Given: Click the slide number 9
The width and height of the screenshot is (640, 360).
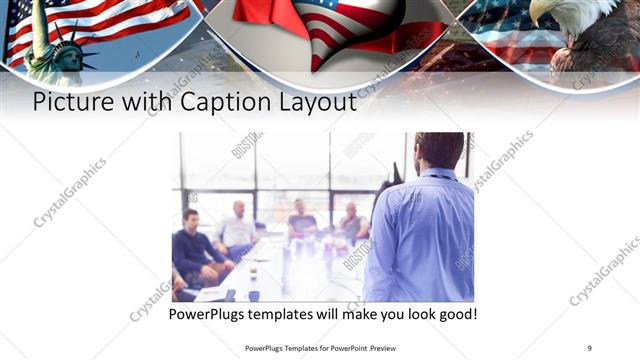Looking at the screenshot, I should (x=589, y=347).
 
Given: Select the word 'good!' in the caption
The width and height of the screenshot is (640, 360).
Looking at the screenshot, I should (x=455, y=314).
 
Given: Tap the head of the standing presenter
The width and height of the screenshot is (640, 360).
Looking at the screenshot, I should (x=440, y=150).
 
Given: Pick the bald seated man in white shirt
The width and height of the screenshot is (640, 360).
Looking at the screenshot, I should (x=239, y=228).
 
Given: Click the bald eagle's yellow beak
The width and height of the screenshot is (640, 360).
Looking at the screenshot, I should (x=536, y=18).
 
